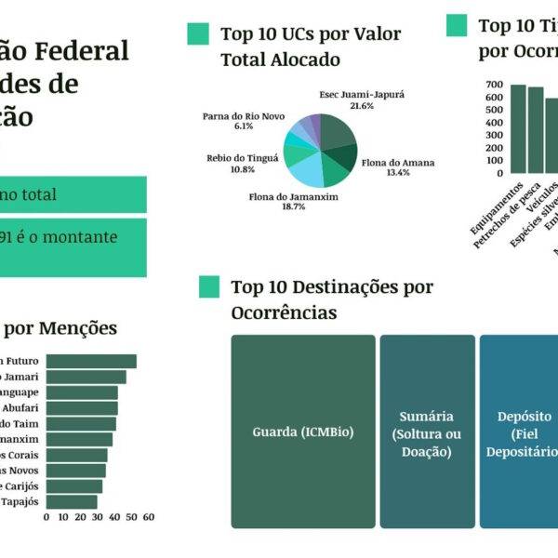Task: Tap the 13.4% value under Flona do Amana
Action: (398, 173)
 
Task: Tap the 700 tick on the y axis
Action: (493, 85)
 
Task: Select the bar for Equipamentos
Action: (518, 128)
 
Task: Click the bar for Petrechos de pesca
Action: (535, 129)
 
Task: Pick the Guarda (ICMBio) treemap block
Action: (302, 433)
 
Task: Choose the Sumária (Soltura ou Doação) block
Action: (426, 433)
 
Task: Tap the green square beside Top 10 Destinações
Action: (209, 287)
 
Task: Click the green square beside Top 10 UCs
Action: (197, 34)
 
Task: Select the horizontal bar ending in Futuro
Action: (91, 362)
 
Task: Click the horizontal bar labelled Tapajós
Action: (72, 502)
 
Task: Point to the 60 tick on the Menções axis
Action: (148, 517)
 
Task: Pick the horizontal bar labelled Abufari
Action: (82, 407)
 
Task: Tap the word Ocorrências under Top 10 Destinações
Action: (284, 312)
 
